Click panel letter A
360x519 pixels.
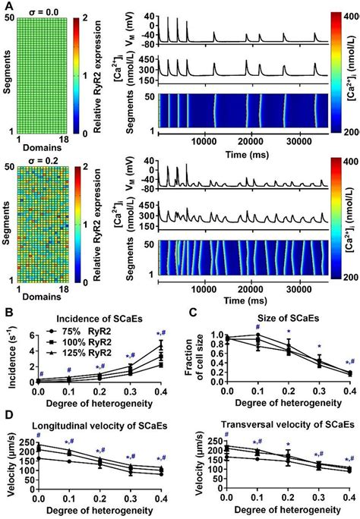click(7, 5)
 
